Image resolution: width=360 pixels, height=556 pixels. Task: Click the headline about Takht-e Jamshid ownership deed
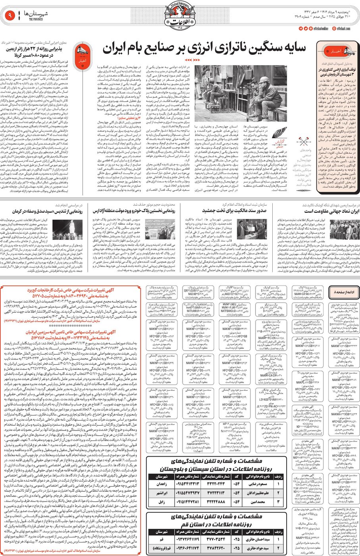(234, 210)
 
